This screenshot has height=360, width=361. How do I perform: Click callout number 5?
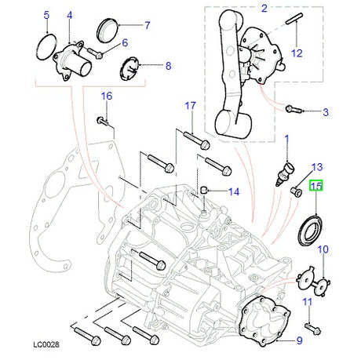(x=46, y=15)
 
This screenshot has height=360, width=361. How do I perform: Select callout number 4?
(x=70, y=15)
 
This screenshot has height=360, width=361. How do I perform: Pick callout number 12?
(x=297, y=53)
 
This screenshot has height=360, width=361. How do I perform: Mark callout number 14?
(x=234, y=191)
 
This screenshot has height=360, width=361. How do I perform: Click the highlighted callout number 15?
(x=316, y=187)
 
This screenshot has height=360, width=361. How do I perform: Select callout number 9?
(x=299, y=340)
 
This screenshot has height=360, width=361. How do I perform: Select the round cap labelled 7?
(x=108, y=33)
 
